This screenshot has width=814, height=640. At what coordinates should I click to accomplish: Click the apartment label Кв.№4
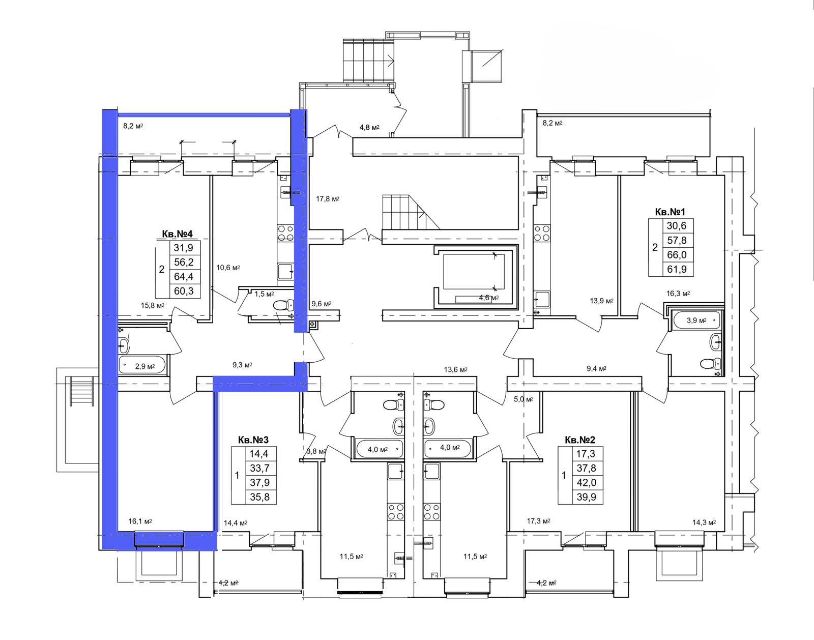pyautogui.click(x=177, y=234)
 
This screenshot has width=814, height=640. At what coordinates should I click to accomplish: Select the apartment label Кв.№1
pyautogui.click(x=670, y=212)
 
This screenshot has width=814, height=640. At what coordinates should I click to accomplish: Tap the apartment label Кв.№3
pyautogui.click(x=253, y=440)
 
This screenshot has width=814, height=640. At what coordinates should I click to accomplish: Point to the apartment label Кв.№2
pyautogui.click(x=580, y=440)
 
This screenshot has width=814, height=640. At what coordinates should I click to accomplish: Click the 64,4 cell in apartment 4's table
pyautogui.click(x=184, y=276)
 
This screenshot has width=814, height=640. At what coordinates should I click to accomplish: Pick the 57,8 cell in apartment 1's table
pyautogui.click(x=676, y=240)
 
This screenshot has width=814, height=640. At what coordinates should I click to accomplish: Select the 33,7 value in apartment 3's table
pyautogui.click(x=259, y=468)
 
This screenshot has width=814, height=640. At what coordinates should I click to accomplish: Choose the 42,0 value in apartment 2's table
pyautogui.click(x=586, y=483)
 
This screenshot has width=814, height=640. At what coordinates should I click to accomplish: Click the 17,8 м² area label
pyautogui.click(x=328, y=198)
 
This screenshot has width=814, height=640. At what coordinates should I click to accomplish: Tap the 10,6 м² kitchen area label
pyautogui.click(x=228, y=268)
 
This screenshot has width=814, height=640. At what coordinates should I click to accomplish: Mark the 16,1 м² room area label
pyautogui.click(x=140, y=521)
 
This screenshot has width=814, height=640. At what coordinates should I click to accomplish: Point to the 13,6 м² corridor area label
pyautogui.click(x=455, y=369)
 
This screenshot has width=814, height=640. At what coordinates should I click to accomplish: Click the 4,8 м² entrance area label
pyautogui.click(x=369, y=127)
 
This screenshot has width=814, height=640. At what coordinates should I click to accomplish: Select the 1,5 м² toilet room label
pyautogui.click(x=264, y=294)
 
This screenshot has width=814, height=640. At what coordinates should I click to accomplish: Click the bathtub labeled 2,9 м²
pyautogui.click(x=142, y=365)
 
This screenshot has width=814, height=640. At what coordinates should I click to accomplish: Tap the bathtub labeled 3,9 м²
pyautogui.click(x=696, y=321)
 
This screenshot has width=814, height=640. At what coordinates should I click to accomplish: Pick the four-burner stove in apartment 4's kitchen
pyautogui.click(x=285, y=233)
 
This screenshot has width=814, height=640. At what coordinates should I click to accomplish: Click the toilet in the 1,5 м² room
pyautogui.click(x=284, y=305)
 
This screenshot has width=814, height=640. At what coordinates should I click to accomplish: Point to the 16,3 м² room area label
pyautogui.click(x=678, y=293)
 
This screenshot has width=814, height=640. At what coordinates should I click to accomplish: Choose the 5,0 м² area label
pyautogui.click(x=524, y=399)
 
